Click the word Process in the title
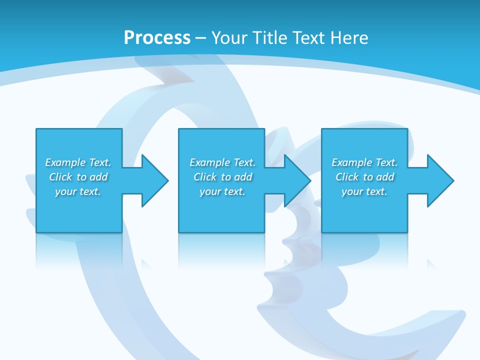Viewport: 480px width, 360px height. [157, 38]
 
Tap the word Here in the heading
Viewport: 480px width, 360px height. [349, 38]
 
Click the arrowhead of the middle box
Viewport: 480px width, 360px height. [300, 180]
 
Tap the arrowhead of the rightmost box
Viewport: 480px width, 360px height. [442, 180]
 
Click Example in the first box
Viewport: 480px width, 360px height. [65, 163]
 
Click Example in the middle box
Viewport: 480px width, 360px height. [209, 163]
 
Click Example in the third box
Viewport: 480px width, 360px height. [351, 163]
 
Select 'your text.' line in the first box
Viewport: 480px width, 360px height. [78, 192]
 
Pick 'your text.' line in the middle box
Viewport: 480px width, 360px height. [222, 192]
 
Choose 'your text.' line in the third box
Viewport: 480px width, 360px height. [364, 192]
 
